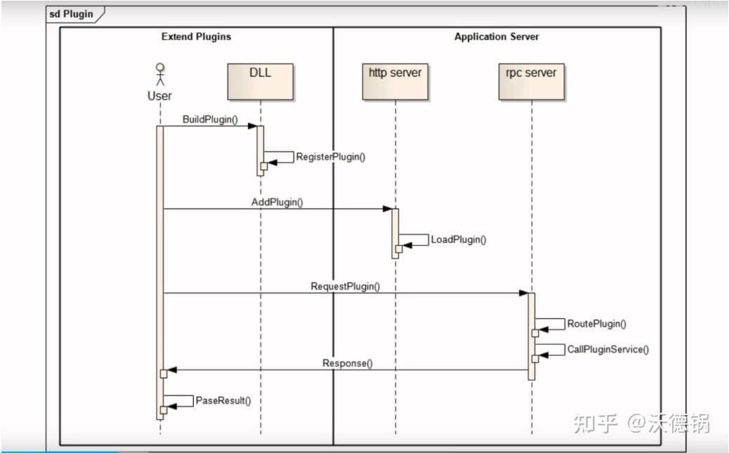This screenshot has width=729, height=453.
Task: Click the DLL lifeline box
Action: (x=261, y=82)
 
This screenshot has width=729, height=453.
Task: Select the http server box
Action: (x=395, y=82)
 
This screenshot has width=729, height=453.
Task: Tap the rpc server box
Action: (x=532, y=82)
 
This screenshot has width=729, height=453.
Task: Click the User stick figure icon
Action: (x=160, y=74)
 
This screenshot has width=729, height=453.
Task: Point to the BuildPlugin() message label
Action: (x=210, y=119)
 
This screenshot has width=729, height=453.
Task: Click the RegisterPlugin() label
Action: (x=331, y=157)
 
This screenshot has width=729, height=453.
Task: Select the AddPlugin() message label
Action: (x=277, y=202)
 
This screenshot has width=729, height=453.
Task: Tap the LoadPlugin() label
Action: (x=459, y=239)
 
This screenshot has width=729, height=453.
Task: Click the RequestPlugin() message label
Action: (x=346, y=287)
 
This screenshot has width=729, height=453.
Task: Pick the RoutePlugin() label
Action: (x=596, y=324)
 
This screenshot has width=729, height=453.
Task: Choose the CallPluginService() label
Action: (x=608, y=349)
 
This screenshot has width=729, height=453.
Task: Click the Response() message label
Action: (x=348, y=363)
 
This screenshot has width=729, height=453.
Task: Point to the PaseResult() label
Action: (x=223, y=400)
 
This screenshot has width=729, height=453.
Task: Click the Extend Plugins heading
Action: (x=196, y=37)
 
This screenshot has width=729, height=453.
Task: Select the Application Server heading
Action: (x=497, y=37)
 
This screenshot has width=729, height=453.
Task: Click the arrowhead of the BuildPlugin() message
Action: (x=253, y=126)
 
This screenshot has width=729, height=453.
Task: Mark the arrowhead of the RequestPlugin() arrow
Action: (x=524, y=293)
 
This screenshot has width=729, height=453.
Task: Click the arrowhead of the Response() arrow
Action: (x=172, y=369)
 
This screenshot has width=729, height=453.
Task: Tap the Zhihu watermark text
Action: (x=642, y=424)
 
